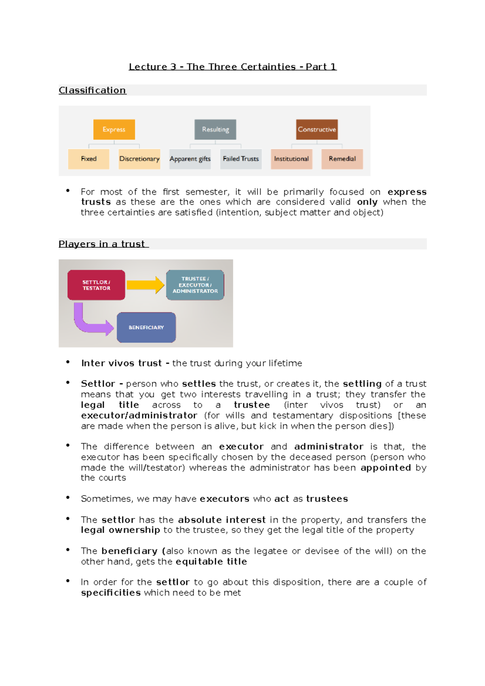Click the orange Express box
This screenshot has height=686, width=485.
click(x=114, y=129)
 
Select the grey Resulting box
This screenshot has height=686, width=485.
click(x=215, y=129)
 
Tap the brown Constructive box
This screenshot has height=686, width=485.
click(x=317, y=129)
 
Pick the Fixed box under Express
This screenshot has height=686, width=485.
click(x=89, y=159)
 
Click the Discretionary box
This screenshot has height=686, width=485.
click(x=139, y=159)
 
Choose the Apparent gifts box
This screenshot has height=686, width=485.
click(x=190, y=159)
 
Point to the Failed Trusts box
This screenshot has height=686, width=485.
click(x=241, y=159)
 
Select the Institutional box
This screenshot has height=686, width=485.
click(x=291, y=159)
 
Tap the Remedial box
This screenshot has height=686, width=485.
click(x=342, y=159)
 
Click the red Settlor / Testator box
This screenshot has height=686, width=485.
click(x=96, y=285)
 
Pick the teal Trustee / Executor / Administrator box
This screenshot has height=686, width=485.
click(x=195, y=285)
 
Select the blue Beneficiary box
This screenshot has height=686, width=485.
click(x=146, y=328)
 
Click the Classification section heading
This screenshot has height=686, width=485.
click(x=93, y=90)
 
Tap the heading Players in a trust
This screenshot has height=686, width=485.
click(x=103, y=244)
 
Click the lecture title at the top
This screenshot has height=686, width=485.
click(x=232, y=67)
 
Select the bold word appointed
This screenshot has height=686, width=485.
click(x=386, y=468)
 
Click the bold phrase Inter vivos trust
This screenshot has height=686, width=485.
click(x=122, y=363)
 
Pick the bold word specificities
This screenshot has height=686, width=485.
click(x=111, y=593)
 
